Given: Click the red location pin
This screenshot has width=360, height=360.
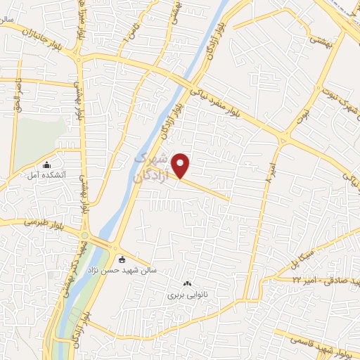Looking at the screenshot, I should click(181, 165).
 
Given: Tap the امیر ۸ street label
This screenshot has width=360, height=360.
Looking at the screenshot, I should click(270, 173).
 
